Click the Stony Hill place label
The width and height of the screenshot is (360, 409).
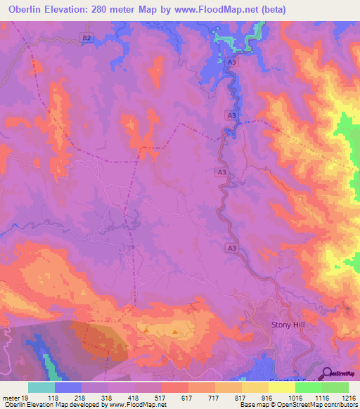290,325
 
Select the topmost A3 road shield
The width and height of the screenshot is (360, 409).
231,63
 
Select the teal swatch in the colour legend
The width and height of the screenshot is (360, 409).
41,387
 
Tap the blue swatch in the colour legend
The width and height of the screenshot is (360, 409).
68,387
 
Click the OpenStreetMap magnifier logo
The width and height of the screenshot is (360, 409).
328,375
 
